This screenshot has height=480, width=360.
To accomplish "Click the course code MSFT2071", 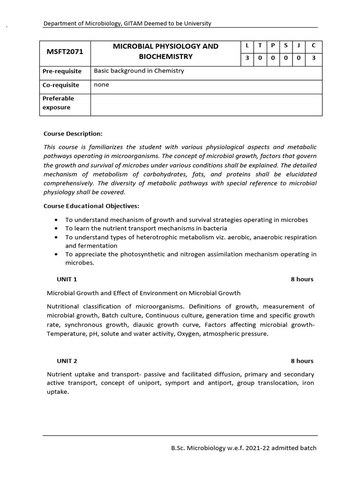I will [x=65, y=52].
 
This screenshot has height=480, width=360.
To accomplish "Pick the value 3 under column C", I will [x=314, y=58].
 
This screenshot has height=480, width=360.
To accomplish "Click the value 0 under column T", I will [x=260, y=58].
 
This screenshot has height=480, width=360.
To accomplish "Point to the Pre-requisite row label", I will [x=62, y=71].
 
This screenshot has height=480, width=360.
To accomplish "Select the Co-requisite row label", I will [x=61, y=85].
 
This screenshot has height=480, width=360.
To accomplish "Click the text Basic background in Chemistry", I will [x=139, y=71].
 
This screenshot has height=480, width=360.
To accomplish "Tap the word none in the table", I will [x=101, y=85].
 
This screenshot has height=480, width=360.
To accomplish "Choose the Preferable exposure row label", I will [x=58, y=103].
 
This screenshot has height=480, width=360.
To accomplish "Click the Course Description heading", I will [x=73, y=134].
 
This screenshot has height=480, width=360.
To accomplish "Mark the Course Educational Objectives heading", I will [x=91, y=206].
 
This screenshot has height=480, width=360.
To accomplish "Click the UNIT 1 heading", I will [x=67, y=279].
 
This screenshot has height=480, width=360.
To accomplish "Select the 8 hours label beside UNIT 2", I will [x=302, y=361].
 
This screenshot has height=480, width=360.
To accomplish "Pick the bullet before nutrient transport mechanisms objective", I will [x=57, y=228].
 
